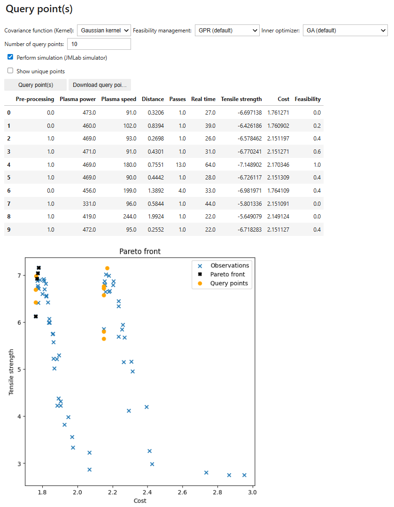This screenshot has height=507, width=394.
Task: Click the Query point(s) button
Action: point(36,85)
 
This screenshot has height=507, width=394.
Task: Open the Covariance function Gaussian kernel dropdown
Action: point(104,31)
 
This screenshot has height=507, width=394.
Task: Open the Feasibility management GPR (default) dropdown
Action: point(227,31)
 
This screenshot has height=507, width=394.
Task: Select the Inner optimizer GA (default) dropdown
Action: point(345,31)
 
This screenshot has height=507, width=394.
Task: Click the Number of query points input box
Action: point(99,44)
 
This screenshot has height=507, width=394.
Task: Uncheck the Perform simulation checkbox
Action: point(10,57)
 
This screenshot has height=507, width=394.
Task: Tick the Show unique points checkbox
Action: point(10,71)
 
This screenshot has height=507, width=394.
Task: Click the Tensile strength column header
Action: point(241,99)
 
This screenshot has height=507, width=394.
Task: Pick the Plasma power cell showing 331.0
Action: point(87,204)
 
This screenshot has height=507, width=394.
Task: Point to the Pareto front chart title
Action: point(140,251)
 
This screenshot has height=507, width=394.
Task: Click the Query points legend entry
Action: point(229,283)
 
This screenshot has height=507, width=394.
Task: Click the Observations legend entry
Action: point(230,265)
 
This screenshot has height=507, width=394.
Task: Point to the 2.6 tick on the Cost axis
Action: point(182,492)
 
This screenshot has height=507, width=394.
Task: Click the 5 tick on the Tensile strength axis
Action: point(18,369)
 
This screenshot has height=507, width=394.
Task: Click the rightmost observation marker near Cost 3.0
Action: point(244,475)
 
